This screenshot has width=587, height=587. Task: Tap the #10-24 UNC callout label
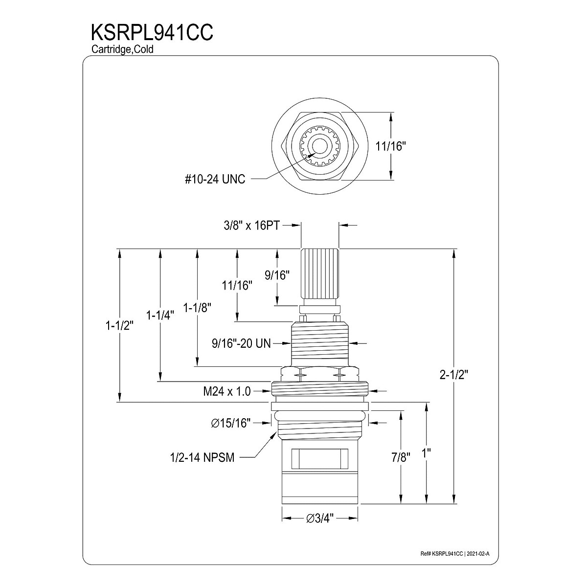click(x=215, y=180)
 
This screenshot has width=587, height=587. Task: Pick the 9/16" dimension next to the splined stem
click(x=277, y=275)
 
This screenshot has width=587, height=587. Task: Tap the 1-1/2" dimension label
click(x=119, y=326)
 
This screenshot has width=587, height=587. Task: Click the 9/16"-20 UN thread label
click(x=241, y=344)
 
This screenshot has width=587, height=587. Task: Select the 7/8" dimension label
click(x=401, y=458)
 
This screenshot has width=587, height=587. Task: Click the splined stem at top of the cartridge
click(x=319, y=276)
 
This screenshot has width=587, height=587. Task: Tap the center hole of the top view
click(x=319, y=147)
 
